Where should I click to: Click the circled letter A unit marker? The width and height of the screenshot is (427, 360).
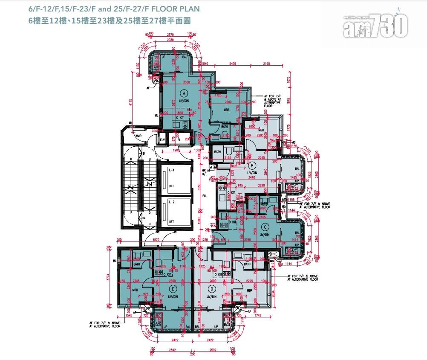point(184,92)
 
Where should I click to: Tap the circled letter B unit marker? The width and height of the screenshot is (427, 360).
point(252,165)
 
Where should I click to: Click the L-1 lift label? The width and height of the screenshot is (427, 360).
point(171,170)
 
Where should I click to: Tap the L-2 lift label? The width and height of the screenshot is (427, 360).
point(171,201)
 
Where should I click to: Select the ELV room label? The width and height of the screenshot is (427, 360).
point(162,139)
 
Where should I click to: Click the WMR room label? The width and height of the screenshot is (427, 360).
point(138,136)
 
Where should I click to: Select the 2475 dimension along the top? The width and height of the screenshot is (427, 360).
point(232,64)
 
